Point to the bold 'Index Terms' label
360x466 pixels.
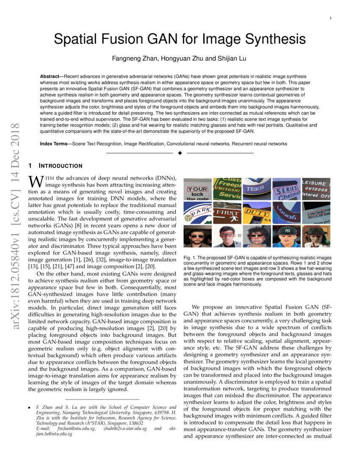pos(55,144)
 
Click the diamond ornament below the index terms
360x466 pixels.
pos(180,153)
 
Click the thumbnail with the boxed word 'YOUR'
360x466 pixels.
pos(197,189)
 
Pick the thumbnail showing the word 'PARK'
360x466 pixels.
pos(197,213)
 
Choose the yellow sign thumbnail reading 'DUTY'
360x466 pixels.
pos(256,213)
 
